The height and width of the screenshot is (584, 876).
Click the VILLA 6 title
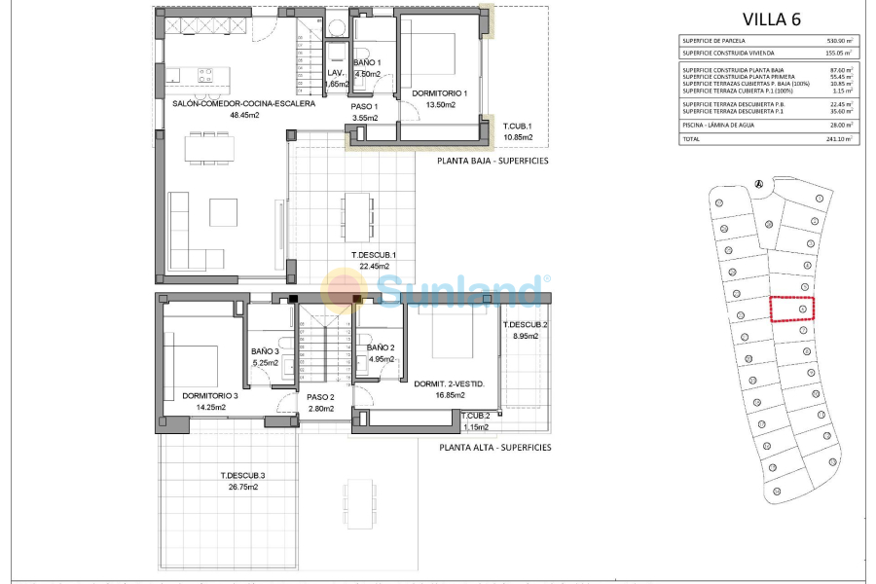click(x=771, y=18)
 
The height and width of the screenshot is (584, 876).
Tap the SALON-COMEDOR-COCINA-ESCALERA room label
click(x=243, y=103)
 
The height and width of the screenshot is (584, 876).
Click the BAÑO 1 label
click(x=367, y=63)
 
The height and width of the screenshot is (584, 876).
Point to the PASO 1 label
click(x=364, y=107)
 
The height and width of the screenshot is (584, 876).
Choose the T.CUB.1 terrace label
click(x=518, y=127)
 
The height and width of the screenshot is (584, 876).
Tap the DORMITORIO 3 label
click(x=210, y=396)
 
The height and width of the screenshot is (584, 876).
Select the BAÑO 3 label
click(x=265, y=351)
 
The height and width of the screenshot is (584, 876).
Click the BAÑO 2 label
click(x=381, y=347)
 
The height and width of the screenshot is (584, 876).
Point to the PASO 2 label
click(x=320, y=397)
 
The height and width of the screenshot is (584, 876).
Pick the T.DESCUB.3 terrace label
click(x=241, y=475)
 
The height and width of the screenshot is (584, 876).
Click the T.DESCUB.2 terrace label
click(x=525, y=325)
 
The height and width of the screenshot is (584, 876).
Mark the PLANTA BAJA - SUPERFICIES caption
click(x=493, y=160)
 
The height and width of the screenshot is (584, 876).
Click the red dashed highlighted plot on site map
click(x=792, y=309)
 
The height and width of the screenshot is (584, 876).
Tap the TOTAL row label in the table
click(x=693, y=139)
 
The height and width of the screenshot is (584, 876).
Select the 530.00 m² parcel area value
click(x=836, y=41)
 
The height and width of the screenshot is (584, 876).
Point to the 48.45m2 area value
click(x=243, y=115)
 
